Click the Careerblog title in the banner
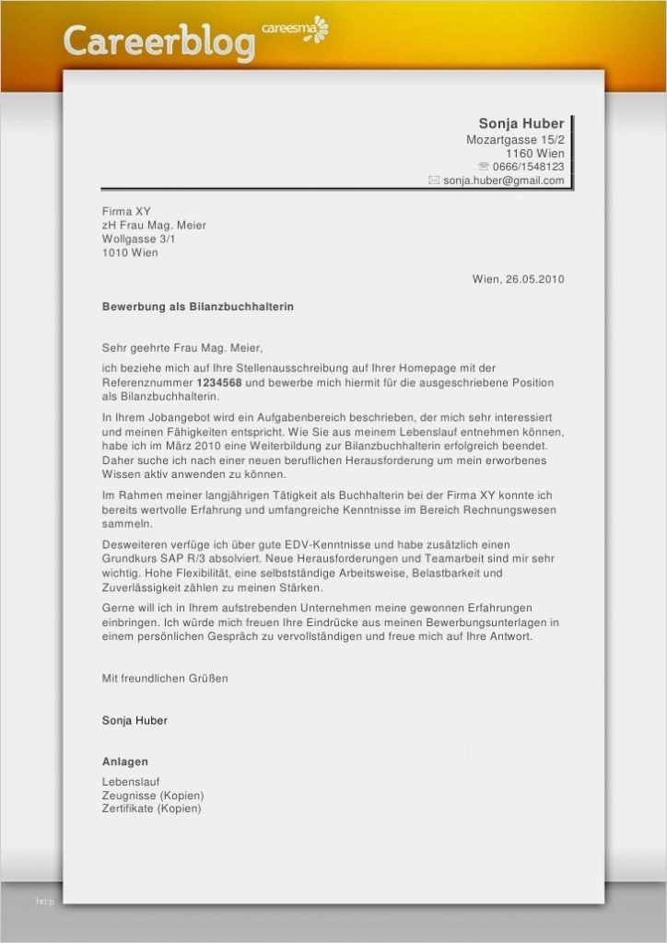(158, 42)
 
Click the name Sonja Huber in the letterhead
(521, 123)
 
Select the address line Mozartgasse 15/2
(515, 139)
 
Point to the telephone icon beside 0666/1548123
(484, 167)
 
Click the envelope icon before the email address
(434, 180)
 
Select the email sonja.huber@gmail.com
(503, 180)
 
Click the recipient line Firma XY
(126, 211)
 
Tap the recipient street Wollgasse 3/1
(139, 239)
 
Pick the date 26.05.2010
(533, 279)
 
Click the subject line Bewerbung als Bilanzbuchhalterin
(197, 306)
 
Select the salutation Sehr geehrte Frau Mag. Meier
(181, 347)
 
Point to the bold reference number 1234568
(219, 382)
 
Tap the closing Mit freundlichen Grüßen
(164, 678)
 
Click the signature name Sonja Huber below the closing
(135, 720)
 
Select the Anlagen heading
(124, 762)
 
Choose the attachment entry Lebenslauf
(131, 782)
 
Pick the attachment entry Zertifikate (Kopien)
(151, 809)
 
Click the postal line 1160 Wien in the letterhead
(534, 153)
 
